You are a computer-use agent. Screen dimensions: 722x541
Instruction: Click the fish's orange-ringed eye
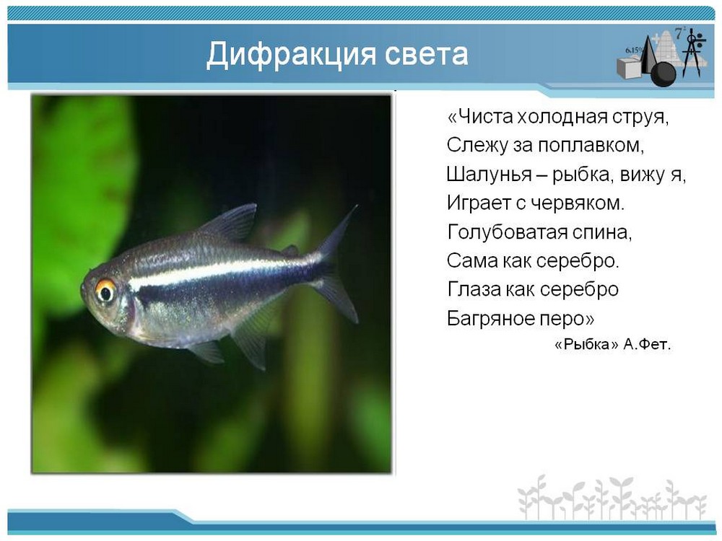click(x=105, y=291)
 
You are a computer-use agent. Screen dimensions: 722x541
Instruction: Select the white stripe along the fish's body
click(x=221, y=273)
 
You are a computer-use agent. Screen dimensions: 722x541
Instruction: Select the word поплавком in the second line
click(x=591, y=146)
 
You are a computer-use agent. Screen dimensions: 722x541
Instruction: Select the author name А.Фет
click(x=647, y=344)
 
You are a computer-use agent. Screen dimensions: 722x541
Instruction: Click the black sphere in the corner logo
click(x=663, y=74)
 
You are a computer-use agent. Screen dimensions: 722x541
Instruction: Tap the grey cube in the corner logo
click(x=630, y=68)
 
